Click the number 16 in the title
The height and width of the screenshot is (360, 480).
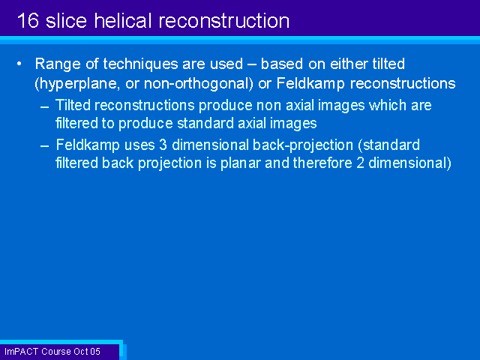(x=28, y=20)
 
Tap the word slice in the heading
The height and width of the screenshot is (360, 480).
(x=67, y=20)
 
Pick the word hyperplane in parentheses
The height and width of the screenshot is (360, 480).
(x=78, y=84)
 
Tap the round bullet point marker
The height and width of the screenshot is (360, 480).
(x=19, y=64)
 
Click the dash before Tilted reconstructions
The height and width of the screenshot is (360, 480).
(x=45, y=107)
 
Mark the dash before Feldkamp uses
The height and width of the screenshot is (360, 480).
(x=45, y=146)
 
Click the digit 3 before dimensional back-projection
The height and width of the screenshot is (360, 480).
(x=163, y=145)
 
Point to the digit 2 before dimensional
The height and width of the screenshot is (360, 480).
(x=360, y=163)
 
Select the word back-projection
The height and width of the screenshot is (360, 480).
(x=303, y=145)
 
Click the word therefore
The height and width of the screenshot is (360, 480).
(x=322, y=163)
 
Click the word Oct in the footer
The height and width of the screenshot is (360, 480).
(x=81, y=352)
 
